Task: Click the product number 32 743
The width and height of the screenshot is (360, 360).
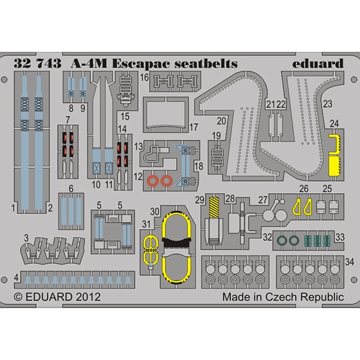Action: click(x=38, y=63)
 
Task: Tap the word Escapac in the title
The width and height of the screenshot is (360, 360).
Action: click(x=141, y=64)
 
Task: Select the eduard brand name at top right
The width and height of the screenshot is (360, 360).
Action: click(x=318, y=63)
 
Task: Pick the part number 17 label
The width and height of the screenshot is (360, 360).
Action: click(x=193, y=127)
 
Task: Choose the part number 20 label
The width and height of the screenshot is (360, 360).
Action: click(x=221, y=121)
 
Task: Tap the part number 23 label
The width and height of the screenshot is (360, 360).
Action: click(x=328, y=104)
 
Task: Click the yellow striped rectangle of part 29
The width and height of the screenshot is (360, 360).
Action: click(x=214, y=207)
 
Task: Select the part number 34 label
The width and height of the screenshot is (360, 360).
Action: click(x=350, y=262)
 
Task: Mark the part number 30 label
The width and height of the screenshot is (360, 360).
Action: click(x=154, y=211)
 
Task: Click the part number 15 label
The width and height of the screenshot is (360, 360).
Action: click(x=125, y=117)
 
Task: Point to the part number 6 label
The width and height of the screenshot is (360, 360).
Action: click(x=71, y=189)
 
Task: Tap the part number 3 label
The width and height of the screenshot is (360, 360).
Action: click(x=26, y=238)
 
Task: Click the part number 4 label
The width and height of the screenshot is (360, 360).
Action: click(x=16, y=278)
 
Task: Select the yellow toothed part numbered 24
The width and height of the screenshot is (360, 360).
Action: click(x=334, y=155)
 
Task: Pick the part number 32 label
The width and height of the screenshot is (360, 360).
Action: click(x=268, y=237)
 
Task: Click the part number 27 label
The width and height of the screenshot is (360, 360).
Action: click(x=263, y=200)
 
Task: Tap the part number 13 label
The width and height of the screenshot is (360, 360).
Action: click(x=139, y=147)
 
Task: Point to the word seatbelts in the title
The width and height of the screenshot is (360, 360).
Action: click(x=206, y=63)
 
